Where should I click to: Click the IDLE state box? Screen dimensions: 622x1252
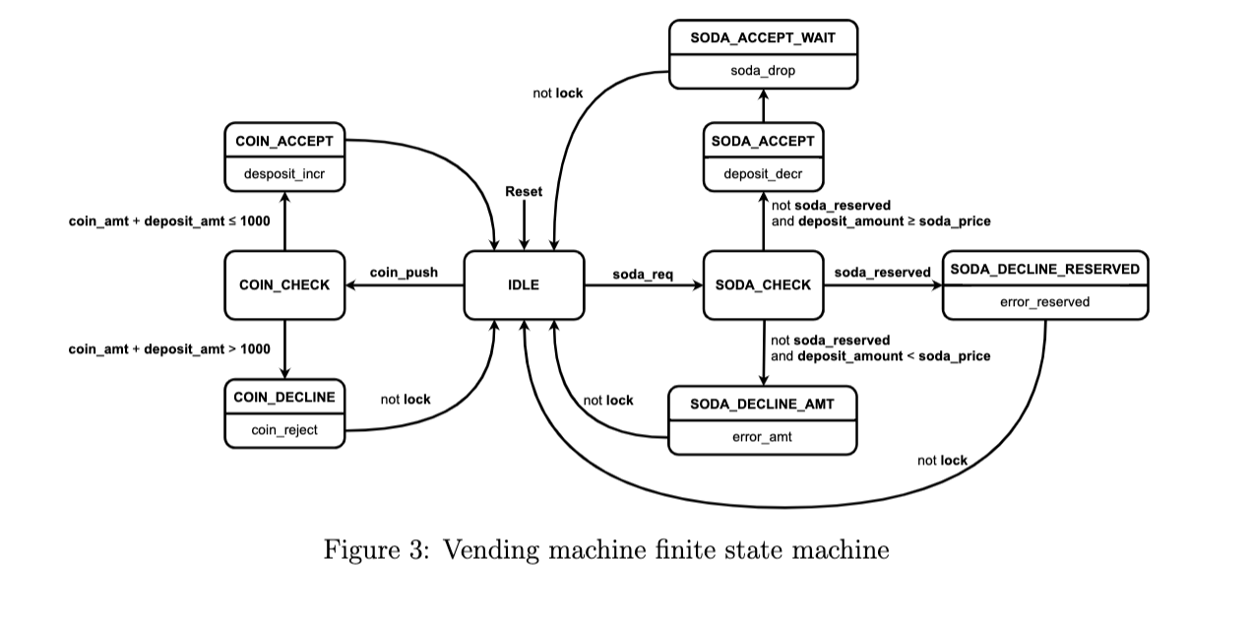coord(524,285)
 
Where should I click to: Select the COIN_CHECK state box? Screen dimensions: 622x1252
coord(284,285)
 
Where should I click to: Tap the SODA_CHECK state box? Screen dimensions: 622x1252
coord(763,285)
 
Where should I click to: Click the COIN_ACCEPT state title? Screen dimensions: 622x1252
coord(284,142)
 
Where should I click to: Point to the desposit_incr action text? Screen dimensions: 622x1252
coord(284,175)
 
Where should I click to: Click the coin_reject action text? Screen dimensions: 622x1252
coord(284,430)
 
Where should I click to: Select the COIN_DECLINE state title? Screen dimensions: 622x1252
coord(284,398)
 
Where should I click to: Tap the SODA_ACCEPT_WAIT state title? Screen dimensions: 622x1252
coord(763,38)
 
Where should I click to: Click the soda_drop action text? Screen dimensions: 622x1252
coord(763,71)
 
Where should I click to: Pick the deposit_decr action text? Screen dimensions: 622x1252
coord(763,175)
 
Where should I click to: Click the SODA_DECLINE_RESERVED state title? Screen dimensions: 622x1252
coord(1044,269)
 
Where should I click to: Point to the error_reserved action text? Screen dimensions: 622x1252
coord(1044,302)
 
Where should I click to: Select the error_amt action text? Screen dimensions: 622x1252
coord(762,437)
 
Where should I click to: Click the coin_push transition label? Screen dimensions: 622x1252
coord(404,272)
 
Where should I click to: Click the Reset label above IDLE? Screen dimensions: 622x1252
coord(524,192)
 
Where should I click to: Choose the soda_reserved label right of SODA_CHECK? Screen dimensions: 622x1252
coord(882,272)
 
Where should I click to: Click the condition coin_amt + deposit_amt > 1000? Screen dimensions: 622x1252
coord(168,349)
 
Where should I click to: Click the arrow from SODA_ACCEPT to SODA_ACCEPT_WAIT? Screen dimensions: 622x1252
coord(763,105)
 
